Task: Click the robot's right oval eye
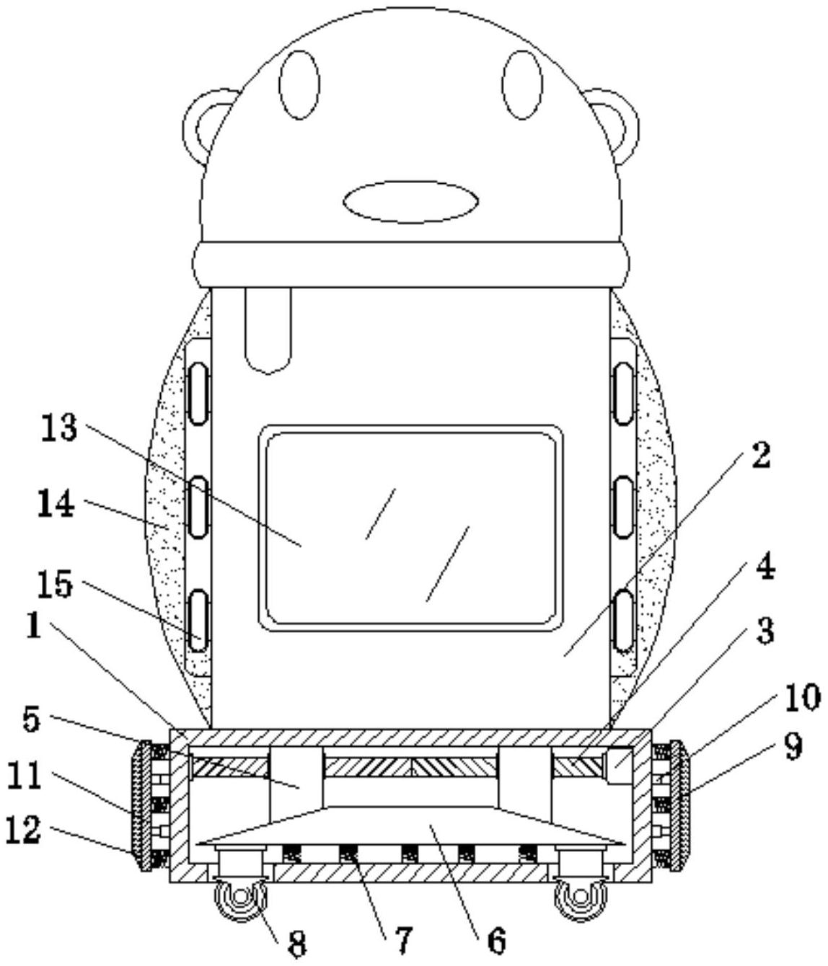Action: tap(523, 84)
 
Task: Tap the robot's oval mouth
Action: tap(411, 201)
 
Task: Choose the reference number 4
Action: tap(765, 567)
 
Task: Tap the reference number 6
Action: tap(496, 939)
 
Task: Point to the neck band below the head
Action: tap(411, 265)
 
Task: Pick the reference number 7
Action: tap(402, 939)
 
